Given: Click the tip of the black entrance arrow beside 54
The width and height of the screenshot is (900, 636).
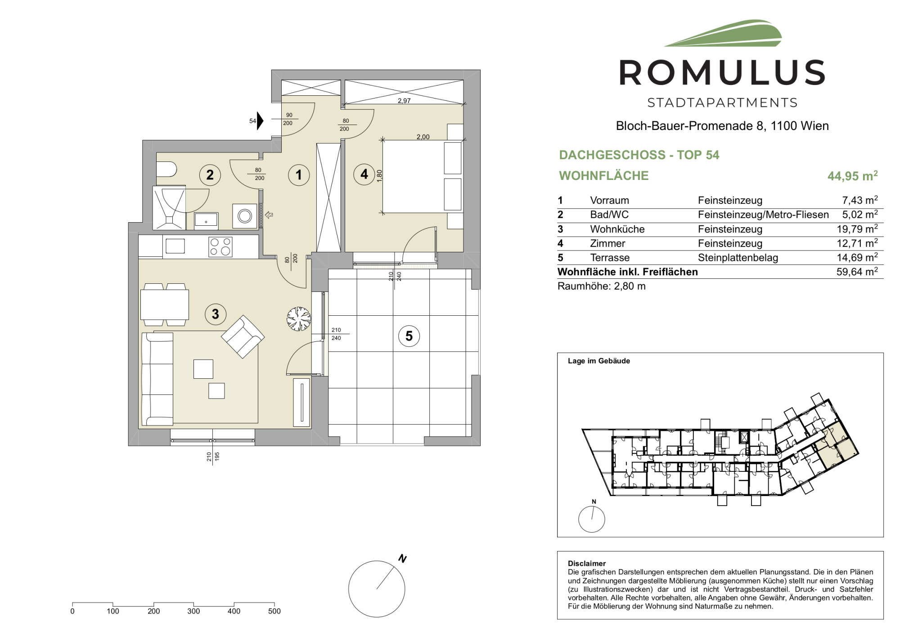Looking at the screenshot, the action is tap(263, 121).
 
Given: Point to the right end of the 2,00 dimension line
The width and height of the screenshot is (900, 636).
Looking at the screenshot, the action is tap(463, 140).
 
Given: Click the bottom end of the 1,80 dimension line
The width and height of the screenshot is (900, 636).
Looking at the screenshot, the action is tap(382, 213).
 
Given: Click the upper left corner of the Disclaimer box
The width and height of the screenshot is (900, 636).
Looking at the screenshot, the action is tap(558, 551).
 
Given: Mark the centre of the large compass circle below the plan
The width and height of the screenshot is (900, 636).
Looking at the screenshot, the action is tap(377, 589).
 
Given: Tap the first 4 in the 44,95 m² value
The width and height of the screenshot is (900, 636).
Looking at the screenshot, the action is tap(832, 176).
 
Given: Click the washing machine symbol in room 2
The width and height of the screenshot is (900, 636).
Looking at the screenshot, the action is tap(245, 216).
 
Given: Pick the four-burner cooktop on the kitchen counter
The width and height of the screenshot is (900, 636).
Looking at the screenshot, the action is tap(220, 247).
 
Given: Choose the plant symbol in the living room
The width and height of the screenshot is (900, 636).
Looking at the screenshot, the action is tap(299, 318).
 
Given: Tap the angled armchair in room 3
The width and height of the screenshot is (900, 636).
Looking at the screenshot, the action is tap(243, 336).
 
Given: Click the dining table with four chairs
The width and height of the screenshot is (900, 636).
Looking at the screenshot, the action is tap(165, 305).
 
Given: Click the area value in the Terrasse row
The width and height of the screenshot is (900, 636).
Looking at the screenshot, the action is tap(857, 257).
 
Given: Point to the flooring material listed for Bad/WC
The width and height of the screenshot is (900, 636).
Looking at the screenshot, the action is tap(763, 215).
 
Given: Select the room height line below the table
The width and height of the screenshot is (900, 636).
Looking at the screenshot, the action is tap(602, 286).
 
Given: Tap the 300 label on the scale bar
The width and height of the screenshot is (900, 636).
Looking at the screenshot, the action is tap(193, 611).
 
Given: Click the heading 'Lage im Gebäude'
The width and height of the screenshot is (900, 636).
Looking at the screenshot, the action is tap(599, 361).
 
